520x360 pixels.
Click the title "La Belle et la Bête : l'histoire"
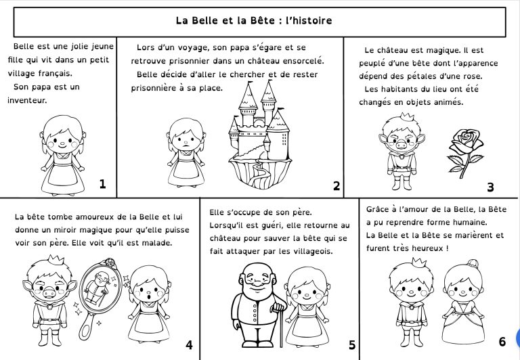[x=254, y=21]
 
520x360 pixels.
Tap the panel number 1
[x=102, y=183]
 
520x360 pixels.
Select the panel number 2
[x=337, y=185]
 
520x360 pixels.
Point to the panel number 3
[x=491, y=187]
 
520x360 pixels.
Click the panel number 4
[x=189, y=344]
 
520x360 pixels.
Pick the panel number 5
[x=352, y=344]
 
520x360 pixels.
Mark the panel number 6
[x=502, y=341]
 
